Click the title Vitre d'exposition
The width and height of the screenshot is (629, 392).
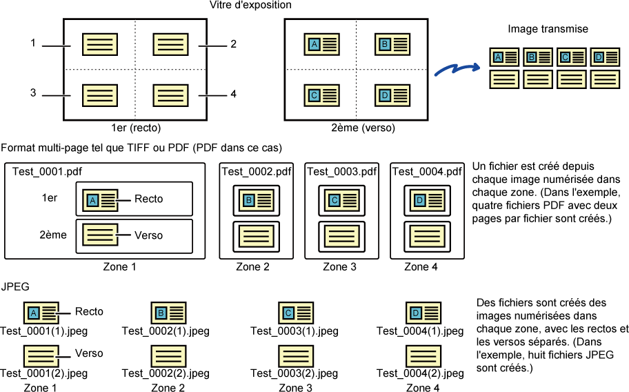tap(250, 6)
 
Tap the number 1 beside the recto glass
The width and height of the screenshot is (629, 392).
tap(33, 43)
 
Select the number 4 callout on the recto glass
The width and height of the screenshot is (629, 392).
tap(234, 94)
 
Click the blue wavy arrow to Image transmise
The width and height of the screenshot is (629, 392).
tap(457, 69)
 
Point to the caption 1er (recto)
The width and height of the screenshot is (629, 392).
tap(136, 128)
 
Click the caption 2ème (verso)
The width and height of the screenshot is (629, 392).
tap(363, 128)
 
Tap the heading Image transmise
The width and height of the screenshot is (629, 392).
tap(548, 29)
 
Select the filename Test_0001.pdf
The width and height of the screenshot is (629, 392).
tap(47, 172)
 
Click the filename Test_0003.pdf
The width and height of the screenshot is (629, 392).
tap(342, 172)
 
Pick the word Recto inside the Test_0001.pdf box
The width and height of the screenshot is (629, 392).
tap(149, 199)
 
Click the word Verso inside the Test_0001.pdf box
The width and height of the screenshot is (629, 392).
tap(149, 235)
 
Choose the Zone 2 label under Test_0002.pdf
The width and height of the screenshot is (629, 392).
tap(252, 267)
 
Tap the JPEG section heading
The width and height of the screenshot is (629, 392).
tap(15, 286)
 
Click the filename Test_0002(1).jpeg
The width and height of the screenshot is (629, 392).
tap(166, 331)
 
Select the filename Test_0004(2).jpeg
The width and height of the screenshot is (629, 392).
tap(420, 373)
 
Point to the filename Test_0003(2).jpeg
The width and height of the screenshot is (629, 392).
tap(294, 373)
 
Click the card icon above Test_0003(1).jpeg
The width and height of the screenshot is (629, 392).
tap(296, 313)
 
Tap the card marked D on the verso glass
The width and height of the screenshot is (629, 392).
tap(392, 95)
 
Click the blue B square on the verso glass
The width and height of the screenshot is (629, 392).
tap(385, 43)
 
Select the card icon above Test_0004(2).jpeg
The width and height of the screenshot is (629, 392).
tap(423, 356)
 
